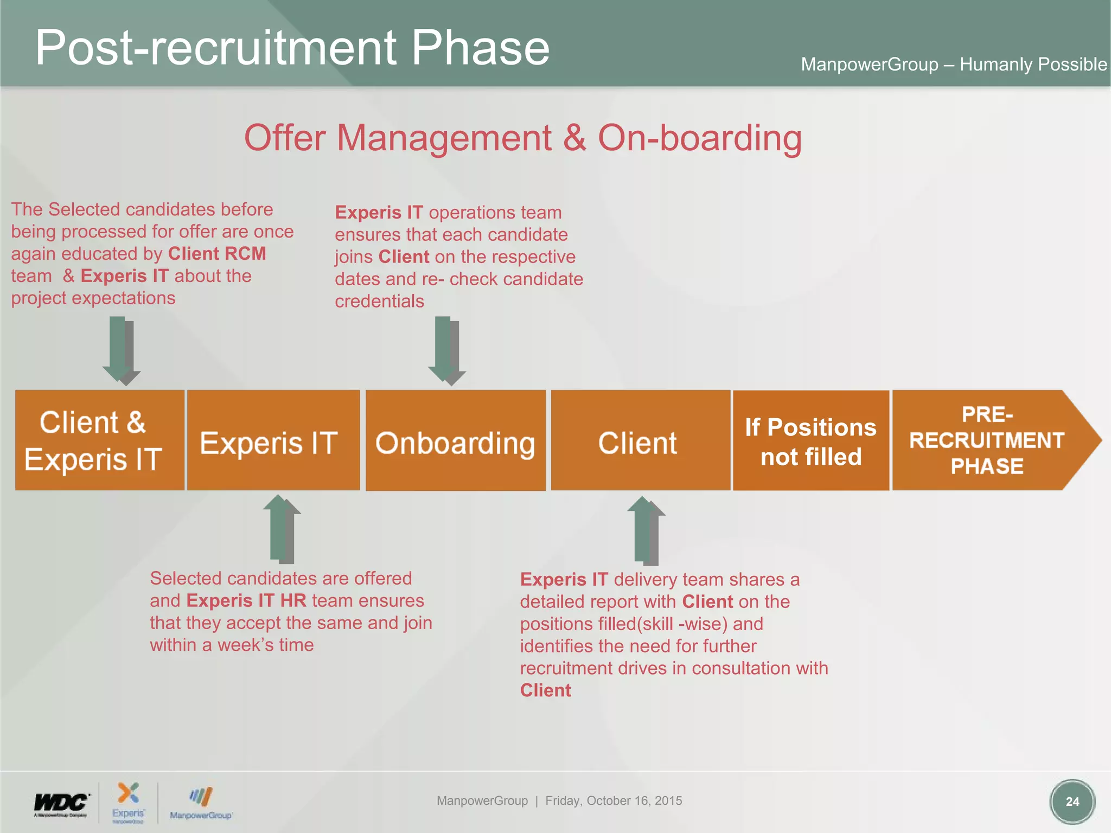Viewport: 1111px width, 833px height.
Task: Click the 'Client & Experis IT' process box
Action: click(x=100, y=440)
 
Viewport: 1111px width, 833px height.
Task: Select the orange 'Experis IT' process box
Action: click(x=273, y=440)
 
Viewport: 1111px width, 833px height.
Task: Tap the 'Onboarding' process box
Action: click(x=456, y=440)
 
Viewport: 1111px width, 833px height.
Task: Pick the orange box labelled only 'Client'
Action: click(x=640, y=440)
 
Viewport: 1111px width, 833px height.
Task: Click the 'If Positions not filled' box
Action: click(x=811, y=440)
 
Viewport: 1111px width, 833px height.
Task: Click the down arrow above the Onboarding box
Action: click(x=446, y=350)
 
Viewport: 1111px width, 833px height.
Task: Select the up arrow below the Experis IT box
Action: click(x=282, y=529)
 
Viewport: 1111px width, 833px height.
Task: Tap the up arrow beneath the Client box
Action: click(x=646, y=530)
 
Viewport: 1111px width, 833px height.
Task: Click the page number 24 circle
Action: click(x=1072, y=802)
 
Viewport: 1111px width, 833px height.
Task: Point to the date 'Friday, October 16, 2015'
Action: click(x=614, y=800)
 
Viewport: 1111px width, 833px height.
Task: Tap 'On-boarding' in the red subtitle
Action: click(x=700, y=138)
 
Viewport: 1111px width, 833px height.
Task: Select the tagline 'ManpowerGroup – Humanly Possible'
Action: click(x=954, y=65)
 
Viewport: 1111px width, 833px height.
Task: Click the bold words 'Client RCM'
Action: click(x=217, y=254)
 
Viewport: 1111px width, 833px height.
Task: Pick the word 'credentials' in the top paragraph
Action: click(x=379, y=301)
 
